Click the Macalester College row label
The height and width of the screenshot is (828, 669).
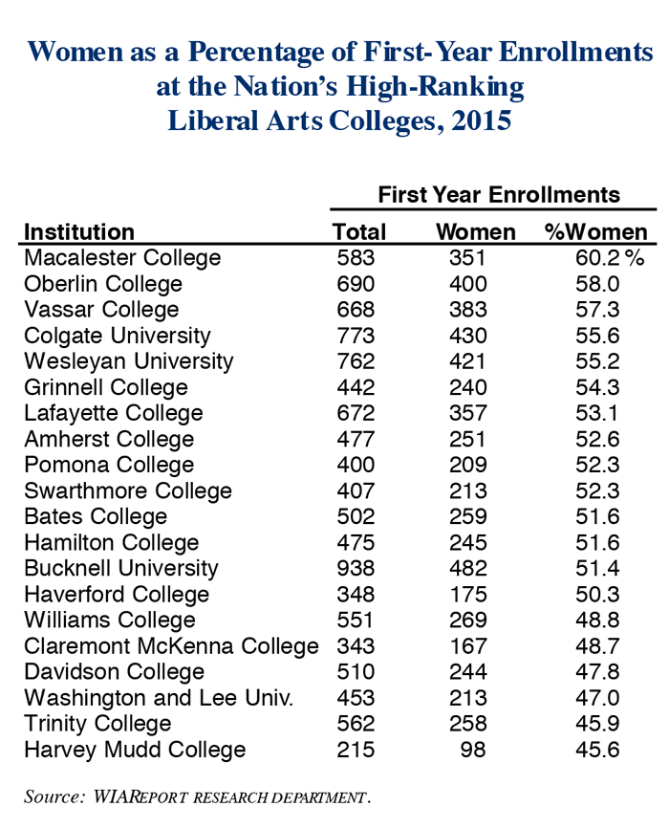pos(121,258)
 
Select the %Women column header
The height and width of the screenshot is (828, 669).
pos(595,232)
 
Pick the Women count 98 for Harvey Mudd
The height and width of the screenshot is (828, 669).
pos(473,749)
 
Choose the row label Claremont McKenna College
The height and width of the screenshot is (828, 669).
pos(171,645)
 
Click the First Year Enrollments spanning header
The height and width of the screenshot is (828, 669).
pos(499,195)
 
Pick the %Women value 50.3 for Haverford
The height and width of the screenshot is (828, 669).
pos(581,594)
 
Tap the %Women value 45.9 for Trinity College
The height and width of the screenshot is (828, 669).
pos(581,723)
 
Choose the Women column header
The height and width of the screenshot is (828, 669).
pos(475,232)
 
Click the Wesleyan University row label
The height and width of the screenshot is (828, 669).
pos(128,361)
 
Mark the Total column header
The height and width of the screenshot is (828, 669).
pos(359,232)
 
